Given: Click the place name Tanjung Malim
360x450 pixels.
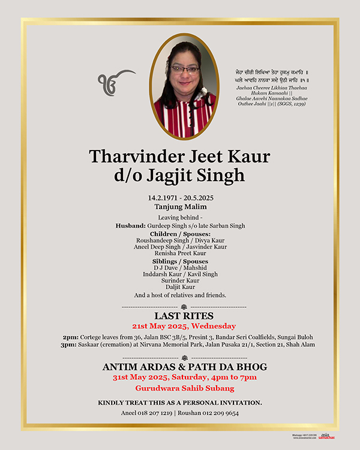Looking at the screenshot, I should [x=180, y=206].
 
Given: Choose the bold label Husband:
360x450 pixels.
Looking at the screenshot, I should [x=131, y=226].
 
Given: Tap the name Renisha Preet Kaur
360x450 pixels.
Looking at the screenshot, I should [x=180, y=253].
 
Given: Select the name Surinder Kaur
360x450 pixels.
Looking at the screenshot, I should [x=180, y=280].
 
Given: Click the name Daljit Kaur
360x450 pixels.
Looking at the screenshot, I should [x=180, y=287].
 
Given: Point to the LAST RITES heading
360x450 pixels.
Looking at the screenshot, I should [x=180, y=316].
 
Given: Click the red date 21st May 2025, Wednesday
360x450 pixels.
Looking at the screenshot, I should [x=180, y=326].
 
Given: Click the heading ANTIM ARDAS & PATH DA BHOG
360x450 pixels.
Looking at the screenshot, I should [x=180, y=367].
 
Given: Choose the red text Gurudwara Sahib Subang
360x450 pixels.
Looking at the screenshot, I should [x=180, y=389].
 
